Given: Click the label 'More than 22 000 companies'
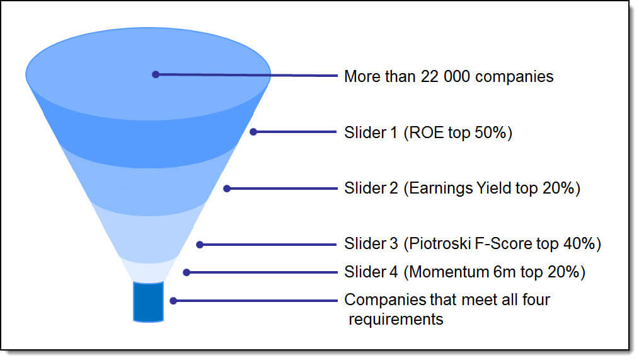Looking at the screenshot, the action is [449, 76].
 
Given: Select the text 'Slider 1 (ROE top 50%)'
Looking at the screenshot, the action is [428, 132].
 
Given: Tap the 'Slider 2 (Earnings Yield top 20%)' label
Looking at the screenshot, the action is [462, 189].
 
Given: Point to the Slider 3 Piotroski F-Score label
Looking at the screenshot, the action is [473, 244].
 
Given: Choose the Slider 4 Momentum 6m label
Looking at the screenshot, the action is [464, 272].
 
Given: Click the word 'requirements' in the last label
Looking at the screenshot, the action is [396, 319].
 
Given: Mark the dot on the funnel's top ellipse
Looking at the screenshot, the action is [155, 74].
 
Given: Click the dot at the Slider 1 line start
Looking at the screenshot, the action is [253, 132].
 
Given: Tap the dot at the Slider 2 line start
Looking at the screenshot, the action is [227, 189].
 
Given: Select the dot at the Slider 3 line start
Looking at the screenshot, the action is [200, 245].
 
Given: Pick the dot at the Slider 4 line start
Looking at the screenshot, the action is [187, 272].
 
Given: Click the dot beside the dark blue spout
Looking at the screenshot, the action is [173, 301].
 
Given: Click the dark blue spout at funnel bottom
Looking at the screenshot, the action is [148, 302].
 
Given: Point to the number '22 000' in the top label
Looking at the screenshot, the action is [446, 76].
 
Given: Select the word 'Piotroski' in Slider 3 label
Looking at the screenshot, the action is [439, 244].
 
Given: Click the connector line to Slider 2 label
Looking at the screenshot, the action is [282, 189].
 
